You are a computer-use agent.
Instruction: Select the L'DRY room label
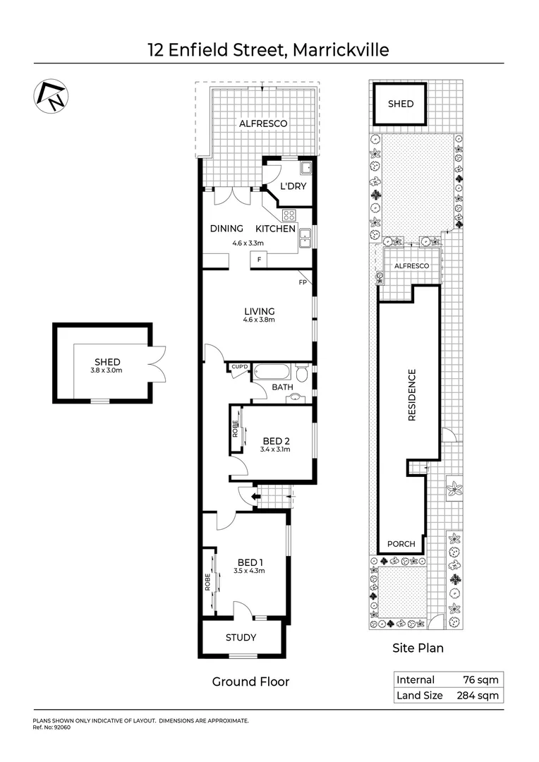point(291,187)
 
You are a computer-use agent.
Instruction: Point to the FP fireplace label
point(303,283)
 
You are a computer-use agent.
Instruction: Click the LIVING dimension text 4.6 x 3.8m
point(259,320)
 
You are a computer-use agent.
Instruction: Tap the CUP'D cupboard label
point(239,367)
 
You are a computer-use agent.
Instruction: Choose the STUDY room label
point(241,638)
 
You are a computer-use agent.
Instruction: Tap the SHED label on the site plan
point(401,104)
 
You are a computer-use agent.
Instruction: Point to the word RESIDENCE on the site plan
point(413,396)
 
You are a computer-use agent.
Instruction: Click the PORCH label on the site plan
point(401,544)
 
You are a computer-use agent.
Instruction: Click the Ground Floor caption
point(250,682)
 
